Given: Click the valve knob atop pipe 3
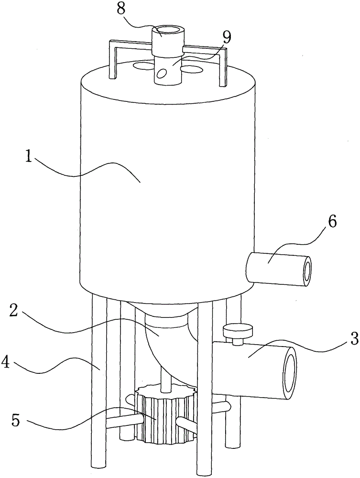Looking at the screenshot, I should click(x=238, y=330).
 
